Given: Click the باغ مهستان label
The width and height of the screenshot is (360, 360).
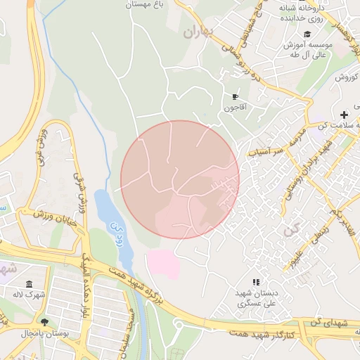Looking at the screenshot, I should coord(148,4).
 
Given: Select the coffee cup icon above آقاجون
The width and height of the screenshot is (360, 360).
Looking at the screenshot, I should coord(235,96).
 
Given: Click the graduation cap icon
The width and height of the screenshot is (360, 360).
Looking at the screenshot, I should coord(307,34).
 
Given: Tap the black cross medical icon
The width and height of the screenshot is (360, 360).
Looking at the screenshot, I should coord(344,115).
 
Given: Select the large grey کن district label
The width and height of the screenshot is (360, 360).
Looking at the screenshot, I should coord(290,229).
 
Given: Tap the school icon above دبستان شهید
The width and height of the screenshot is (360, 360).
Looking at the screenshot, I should coord(256,282).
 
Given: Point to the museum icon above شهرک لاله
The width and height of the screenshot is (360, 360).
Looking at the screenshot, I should coord(29,283).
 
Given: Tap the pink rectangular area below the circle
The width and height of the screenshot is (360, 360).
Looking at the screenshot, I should coord(162,264).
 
